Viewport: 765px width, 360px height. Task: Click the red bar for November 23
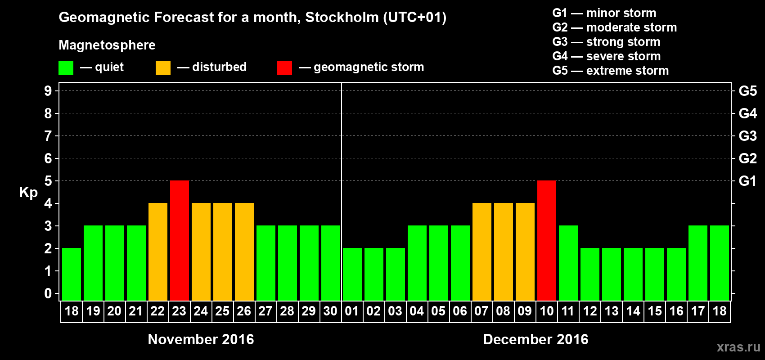point(180,240)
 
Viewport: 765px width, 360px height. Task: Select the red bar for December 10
point(547,240)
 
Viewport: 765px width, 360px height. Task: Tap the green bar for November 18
point(72,274)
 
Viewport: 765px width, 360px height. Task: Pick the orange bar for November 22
point(158,252)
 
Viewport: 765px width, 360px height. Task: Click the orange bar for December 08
point(504,252)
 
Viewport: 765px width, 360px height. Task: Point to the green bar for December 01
point(352,274)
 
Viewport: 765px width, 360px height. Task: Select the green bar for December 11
point(568,263)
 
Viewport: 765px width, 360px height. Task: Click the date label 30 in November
point(330,311)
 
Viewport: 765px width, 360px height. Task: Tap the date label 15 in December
point(655,311)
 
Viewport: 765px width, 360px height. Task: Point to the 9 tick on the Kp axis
point(48,91)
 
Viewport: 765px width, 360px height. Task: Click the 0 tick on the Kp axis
point(48,293)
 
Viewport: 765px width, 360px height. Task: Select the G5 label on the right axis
point(747,91)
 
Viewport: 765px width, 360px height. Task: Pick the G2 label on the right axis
point(747,158)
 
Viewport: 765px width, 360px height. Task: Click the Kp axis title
point(28,193)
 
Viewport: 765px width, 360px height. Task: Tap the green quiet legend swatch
point(66,68)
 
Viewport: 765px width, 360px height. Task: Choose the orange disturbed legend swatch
point(163,68)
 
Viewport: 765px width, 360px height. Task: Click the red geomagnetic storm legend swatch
point(284,68)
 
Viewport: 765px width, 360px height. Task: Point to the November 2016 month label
point(201,339)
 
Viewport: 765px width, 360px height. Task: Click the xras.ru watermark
point(738,347)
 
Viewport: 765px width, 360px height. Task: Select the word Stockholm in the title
point(342,17)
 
